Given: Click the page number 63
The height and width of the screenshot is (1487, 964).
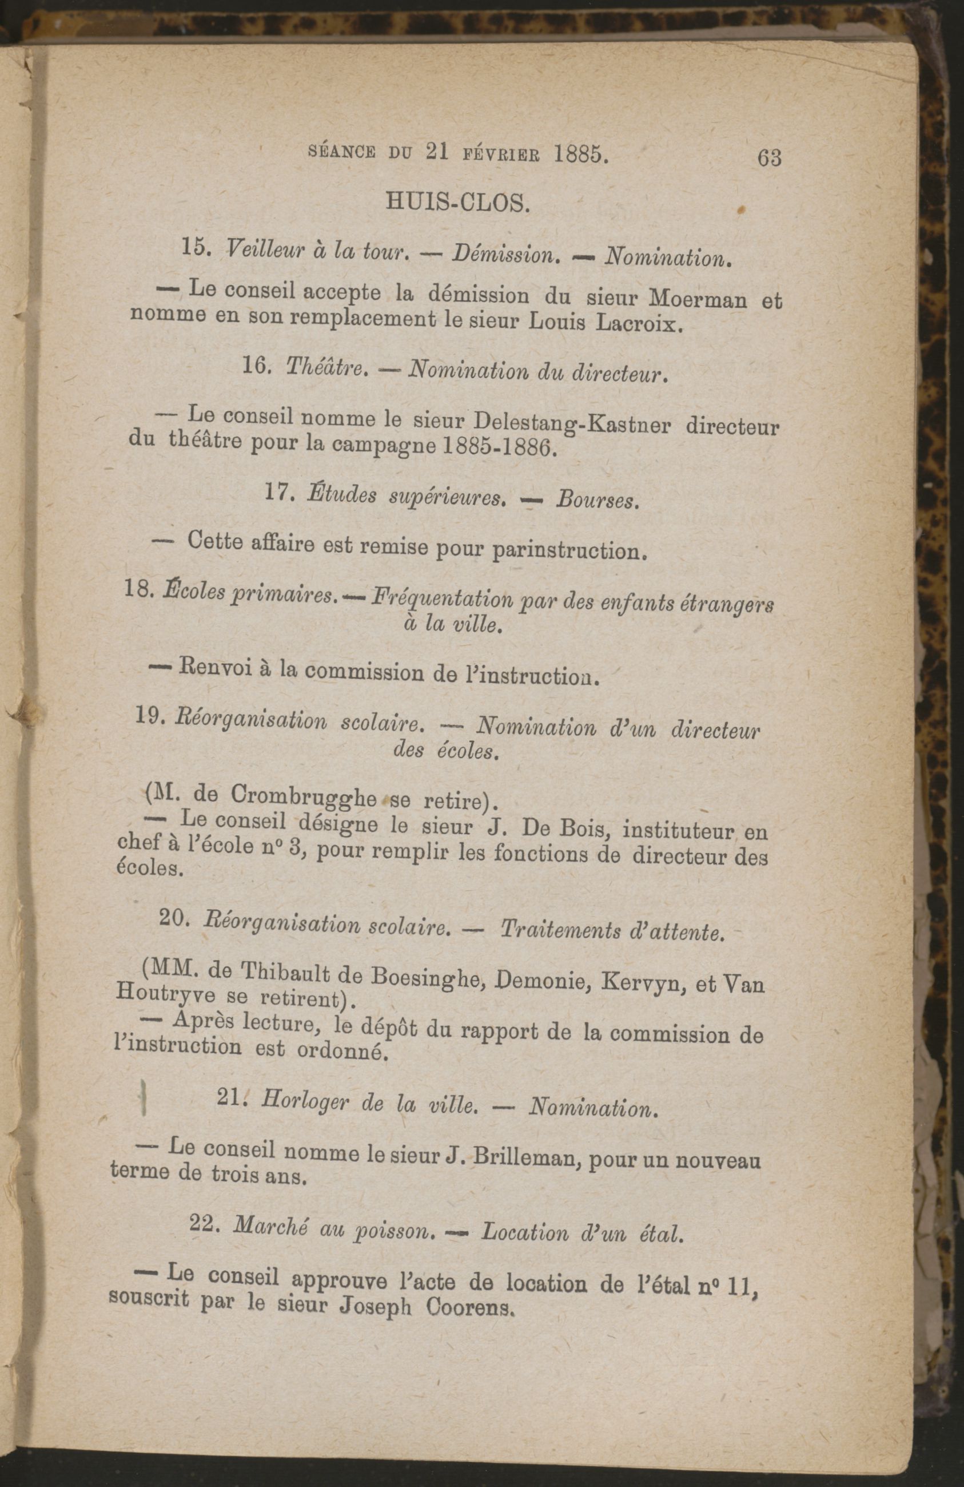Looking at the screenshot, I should [x=768, y=158].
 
